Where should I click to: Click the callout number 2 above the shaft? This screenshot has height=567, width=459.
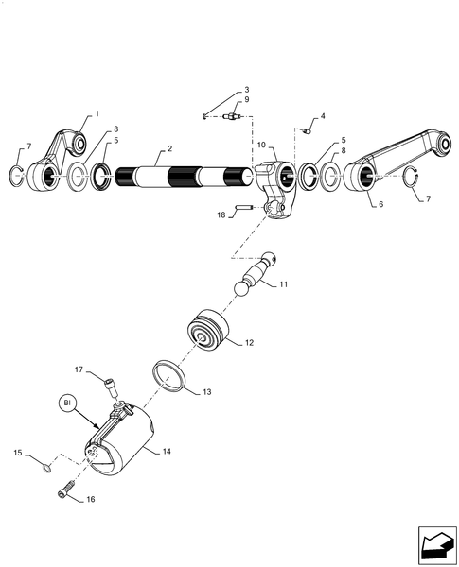[x=169, y=148]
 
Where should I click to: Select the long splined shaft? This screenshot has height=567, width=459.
[x=185, y=178]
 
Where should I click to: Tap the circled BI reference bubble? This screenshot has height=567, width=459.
[x=67, y=403]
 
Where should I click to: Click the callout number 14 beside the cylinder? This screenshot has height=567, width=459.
[x=167, y=452]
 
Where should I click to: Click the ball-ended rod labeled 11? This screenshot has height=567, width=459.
[x=256, y=274]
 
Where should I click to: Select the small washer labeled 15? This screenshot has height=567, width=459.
[x=46, y=469]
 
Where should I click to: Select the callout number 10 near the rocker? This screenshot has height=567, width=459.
[x=261, y=145]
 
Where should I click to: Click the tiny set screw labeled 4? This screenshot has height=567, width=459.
[x=306, y=130]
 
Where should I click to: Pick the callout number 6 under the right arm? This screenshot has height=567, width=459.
[x=380, y=204]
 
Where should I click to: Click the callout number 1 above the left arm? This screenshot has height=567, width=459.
[x=97, y=114]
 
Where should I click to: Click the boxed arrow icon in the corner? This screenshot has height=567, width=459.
[x=437, y=545]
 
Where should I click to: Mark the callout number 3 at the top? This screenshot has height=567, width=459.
[x=246, y=90]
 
